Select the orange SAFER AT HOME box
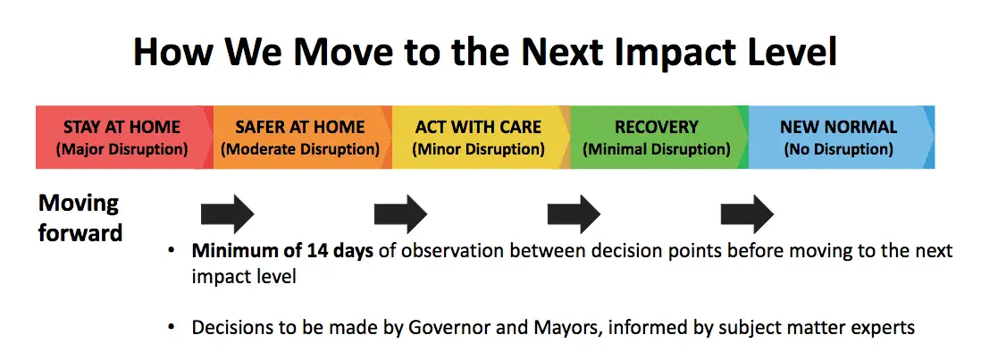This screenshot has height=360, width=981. pos(303,138)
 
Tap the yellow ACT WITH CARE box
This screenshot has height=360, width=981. pos(481,138)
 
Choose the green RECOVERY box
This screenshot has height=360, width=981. pos(659,138)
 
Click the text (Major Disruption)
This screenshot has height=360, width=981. pos(122,150)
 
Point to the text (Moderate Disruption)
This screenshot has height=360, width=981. pos(300,150)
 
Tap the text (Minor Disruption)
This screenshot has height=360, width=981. pos(478,150)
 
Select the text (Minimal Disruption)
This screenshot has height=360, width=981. pos(657,150)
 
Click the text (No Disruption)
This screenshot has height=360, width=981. pos(838,150)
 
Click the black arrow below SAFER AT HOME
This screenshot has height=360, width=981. pos(227,213)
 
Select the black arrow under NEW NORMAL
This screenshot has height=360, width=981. pos(747,213)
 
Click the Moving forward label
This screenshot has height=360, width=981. pos(80,217)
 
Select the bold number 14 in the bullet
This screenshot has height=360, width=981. pos(318,251)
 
